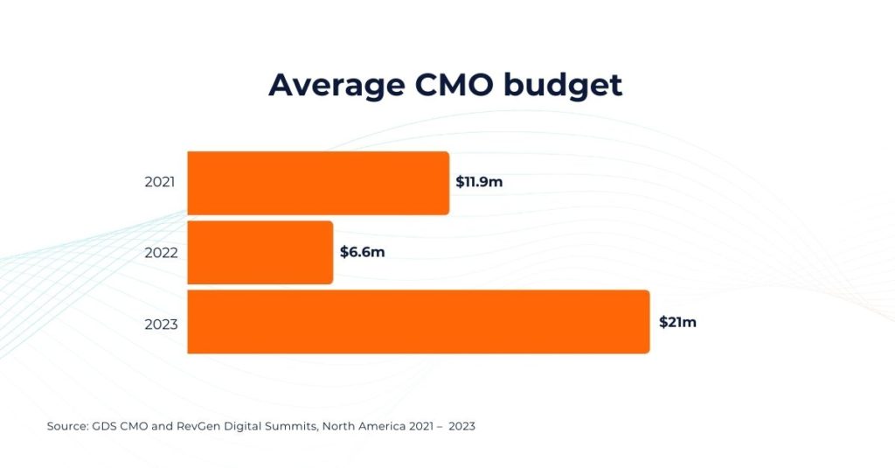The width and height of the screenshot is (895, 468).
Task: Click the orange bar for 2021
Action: pyautogui.click(x=318, y=183)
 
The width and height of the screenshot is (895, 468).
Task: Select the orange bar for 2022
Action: pyautogui.click(x=260, y=252)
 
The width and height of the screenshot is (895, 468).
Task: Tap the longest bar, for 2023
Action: pyautogui.click(x=419, y=322)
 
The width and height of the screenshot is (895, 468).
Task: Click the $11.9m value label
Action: pyautogui.click(x=479, y=183)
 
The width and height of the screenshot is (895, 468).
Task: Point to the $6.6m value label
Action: pyautogui.click(x=362, y=252)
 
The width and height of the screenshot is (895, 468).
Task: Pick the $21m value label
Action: pyautogui.click(x=677, y=322)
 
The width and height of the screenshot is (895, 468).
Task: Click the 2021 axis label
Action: pyautogui.click(x=160, y=183)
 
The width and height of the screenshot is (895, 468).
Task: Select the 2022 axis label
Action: pyautogui.click(x=160, y=253)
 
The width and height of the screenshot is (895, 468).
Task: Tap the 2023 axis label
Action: pyautogui.click(x=160, y=324)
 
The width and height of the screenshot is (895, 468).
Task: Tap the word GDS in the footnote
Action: pyautogui.click(x=104, y=427)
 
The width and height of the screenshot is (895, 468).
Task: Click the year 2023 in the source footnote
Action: pyautogui.click(x=461, y=427)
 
